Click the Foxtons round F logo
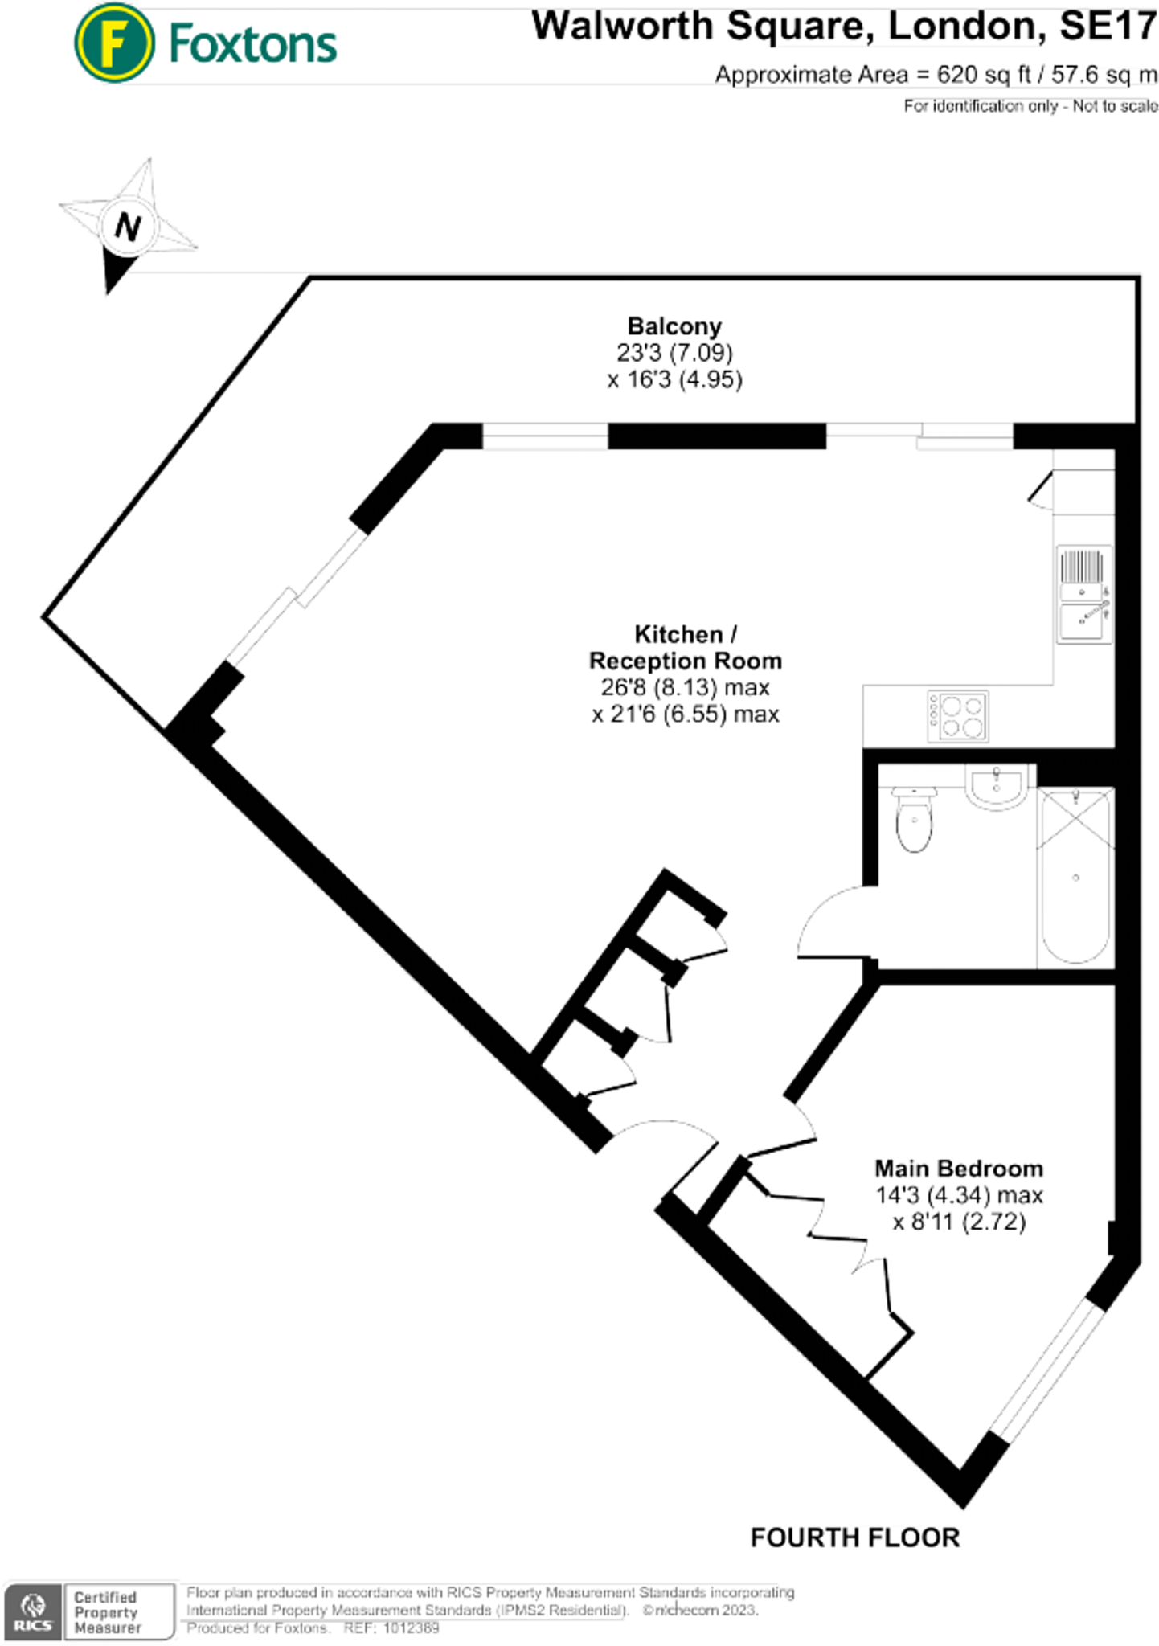(x=114, y=43)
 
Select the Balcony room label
(x=674, y=326)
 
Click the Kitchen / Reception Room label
(x=685, y=647)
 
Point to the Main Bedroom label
(x=958, y=1168)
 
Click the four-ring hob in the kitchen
(x=957, y=715)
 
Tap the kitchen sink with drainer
(x=1084, y=594)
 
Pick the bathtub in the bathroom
(x=1075, y=876)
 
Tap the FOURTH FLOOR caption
(x=854, y=1537)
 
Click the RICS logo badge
(x=33, y=1611)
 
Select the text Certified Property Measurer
(x=106, y=1611)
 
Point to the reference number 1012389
(x=411, y=1628)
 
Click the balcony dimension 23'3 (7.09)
(x=674, y=353)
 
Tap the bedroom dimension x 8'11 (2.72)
(x=959, y=1222)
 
